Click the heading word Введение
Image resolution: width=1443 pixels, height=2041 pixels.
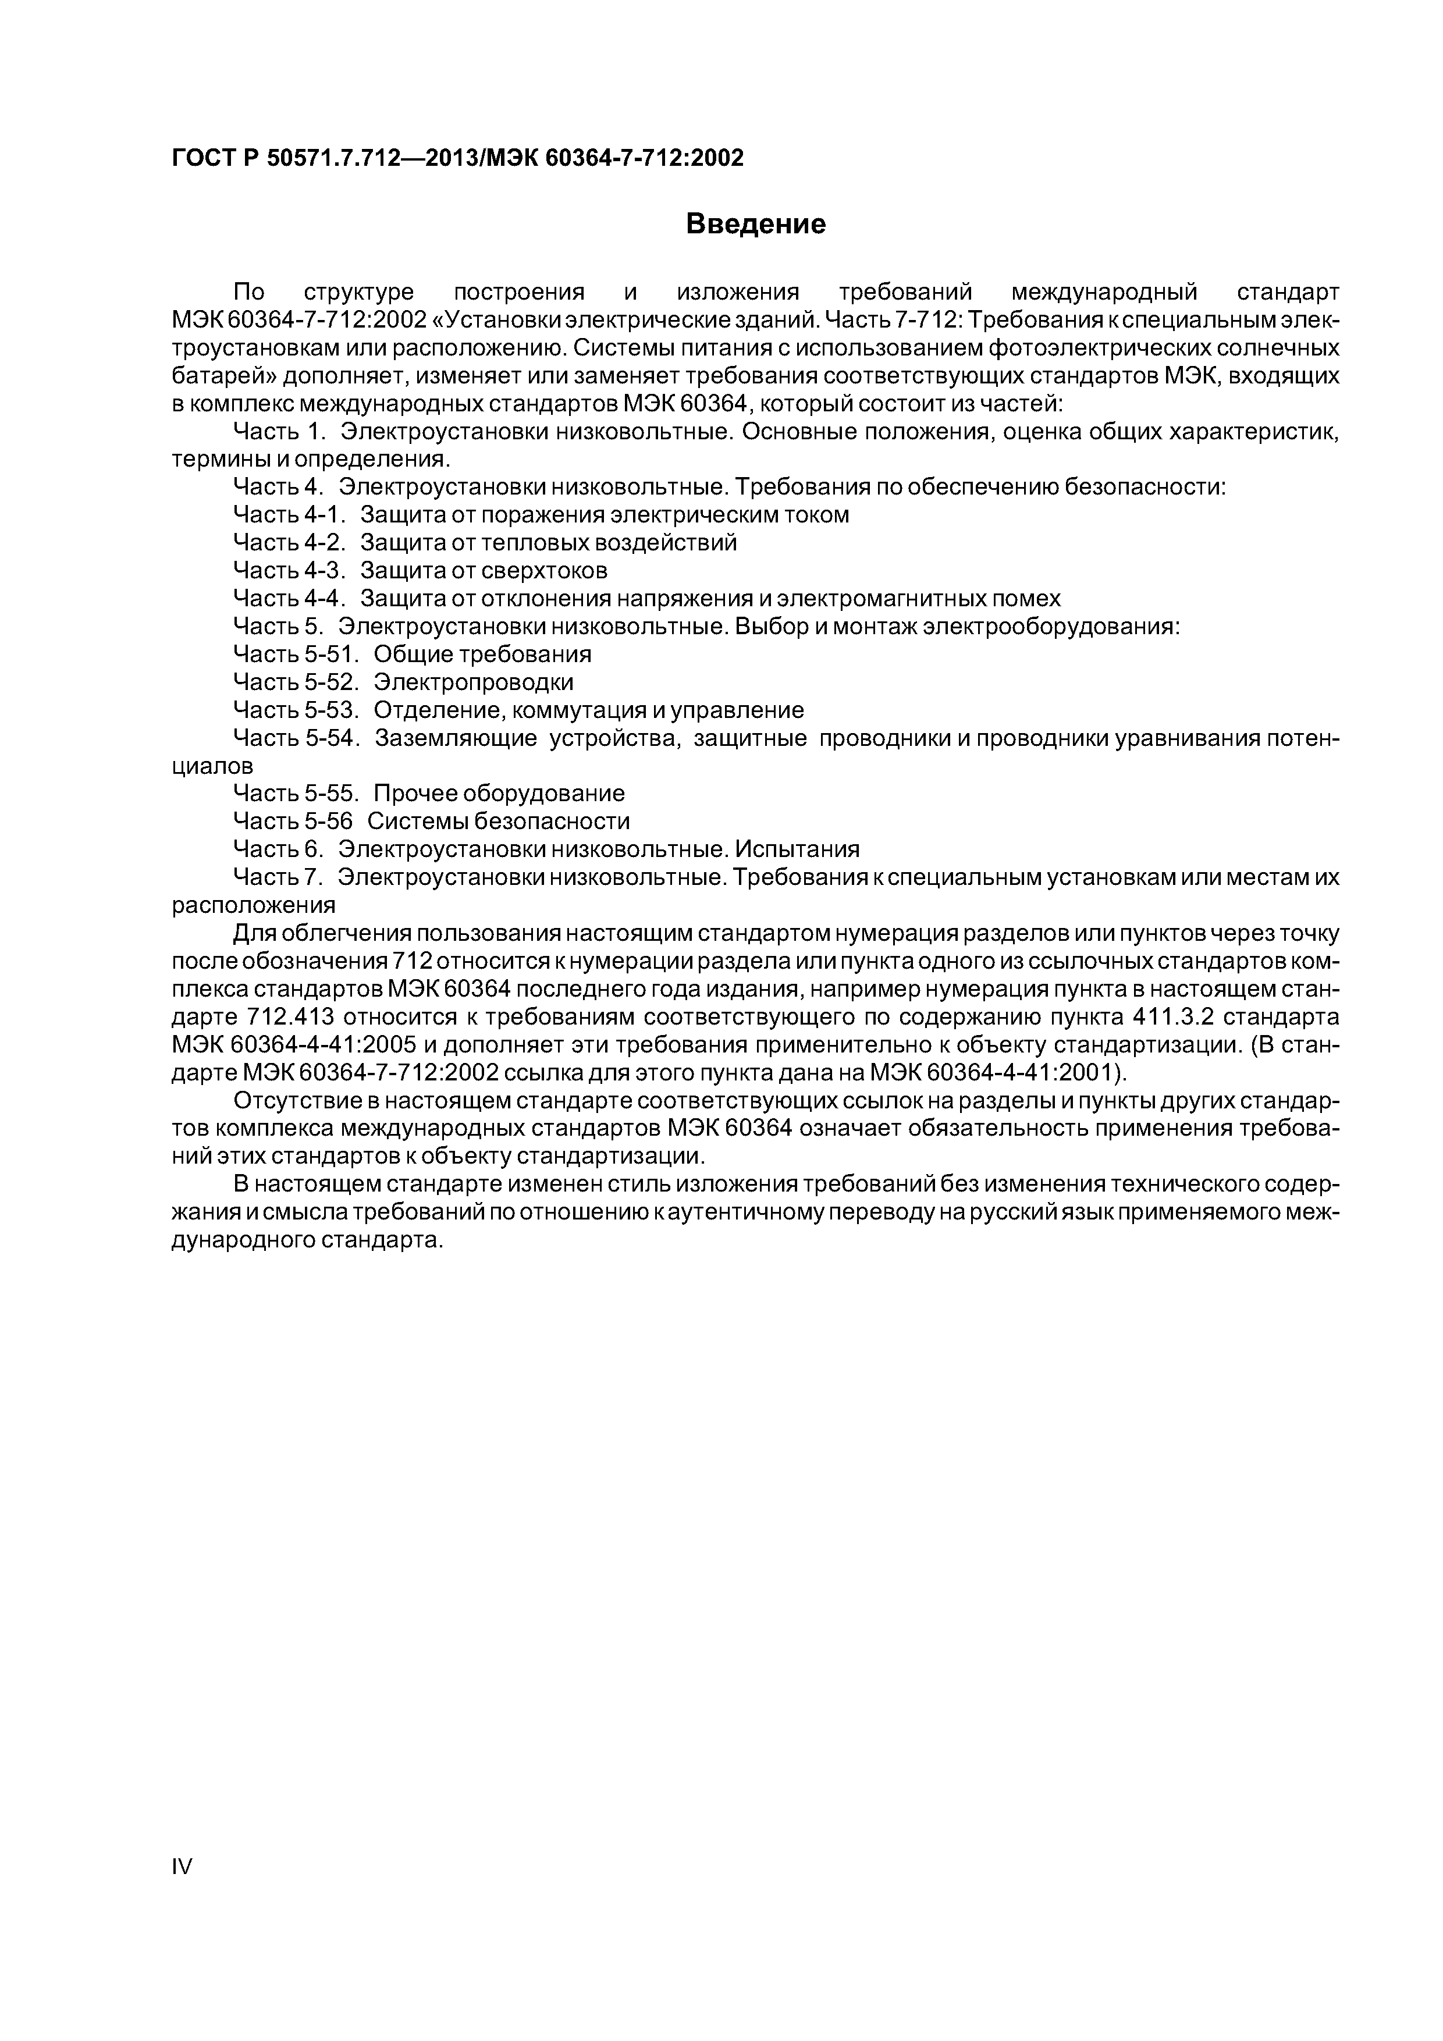(x=756, y=224)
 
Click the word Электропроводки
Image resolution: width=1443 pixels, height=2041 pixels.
(x=473, y=682)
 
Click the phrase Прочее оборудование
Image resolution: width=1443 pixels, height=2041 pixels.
(x=499, y=793)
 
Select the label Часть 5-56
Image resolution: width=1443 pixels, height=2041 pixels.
(x=293, y=820)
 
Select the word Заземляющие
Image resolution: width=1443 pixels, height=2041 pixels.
(x=456, y=738)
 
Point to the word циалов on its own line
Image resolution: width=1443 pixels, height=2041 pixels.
(x=212, y=766)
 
